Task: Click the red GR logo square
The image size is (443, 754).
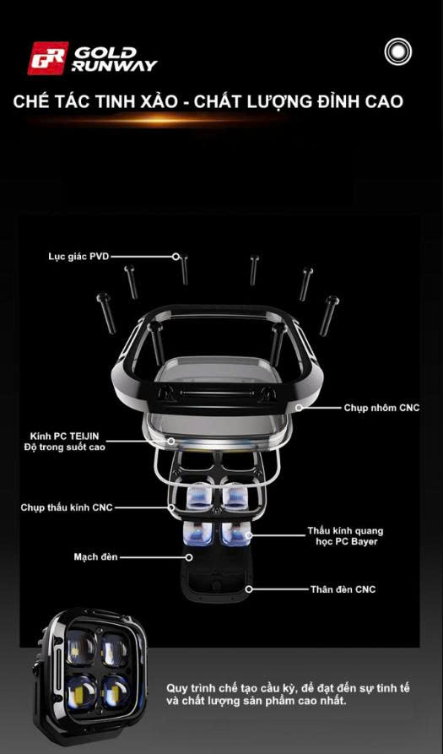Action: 47,58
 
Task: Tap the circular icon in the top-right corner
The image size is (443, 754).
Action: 397,51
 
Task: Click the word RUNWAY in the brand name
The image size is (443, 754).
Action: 115,65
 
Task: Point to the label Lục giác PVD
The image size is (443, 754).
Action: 78,257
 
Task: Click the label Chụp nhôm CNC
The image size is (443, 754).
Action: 381,408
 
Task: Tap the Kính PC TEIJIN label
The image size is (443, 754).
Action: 64,437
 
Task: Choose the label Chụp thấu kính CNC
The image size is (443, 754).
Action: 67,507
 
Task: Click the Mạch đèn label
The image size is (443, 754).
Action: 95,556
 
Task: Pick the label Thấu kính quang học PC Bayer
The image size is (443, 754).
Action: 345,536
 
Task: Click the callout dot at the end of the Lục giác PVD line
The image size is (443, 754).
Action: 176,257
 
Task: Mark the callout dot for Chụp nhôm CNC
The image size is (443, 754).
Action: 299,408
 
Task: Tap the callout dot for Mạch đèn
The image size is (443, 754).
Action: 189,556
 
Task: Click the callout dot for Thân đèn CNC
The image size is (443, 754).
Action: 248,589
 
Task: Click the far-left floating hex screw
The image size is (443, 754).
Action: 106,313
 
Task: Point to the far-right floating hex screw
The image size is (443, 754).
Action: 330,316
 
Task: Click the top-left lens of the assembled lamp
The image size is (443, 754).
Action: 81,648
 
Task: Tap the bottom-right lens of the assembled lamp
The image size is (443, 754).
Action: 116,691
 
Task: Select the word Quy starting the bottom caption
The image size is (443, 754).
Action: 177,689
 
